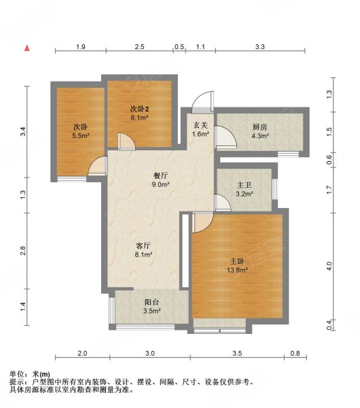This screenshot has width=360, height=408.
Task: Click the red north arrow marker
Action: pos(27,48)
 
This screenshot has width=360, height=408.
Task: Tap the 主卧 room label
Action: pos(237,261)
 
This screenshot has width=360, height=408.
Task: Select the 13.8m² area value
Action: pos(237,270)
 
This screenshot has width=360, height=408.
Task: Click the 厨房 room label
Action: pos(260,127)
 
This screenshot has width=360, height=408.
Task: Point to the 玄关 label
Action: pos(200,125)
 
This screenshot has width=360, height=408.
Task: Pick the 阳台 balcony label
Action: pos(151,303)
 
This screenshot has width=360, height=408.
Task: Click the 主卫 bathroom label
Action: pos(245,185)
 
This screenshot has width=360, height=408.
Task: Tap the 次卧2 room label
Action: pos(139,109)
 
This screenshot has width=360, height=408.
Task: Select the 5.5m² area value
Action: pos(81,135)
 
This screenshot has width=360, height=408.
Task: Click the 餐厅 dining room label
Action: pos(160,176)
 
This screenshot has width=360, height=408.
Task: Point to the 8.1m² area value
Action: pos(143,254)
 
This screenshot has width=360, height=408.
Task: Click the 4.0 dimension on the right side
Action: pos(329,266)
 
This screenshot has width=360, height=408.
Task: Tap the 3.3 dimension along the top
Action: pos(259,47)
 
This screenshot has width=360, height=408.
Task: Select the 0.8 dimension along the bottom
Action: pos(295,354)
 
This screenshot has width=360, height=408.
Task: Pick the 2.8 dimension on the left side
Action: pos(23,250)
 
